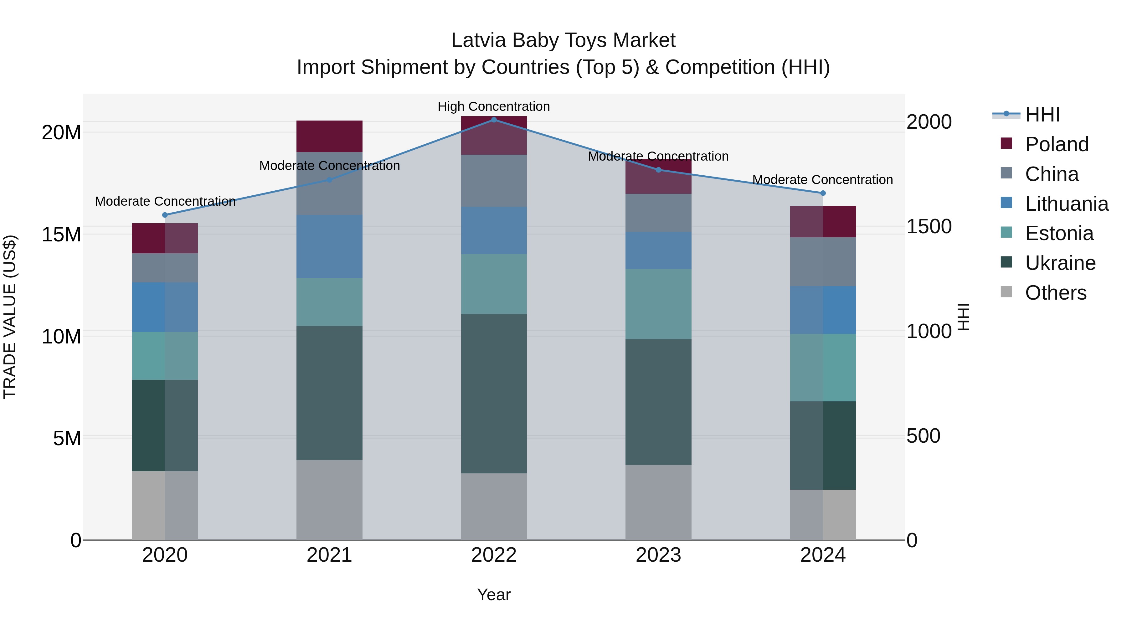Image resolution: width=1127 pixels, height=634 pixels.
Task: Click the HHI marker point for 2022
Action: point(494,120)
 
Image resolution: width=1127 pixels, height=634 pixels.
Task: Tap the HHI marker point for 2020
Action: point(165,215)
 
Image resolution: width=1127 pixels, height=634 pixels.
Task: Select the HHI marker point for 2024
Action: point(823,193)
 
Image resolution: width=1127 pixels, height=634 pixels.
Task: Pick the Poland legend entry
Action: point(1057,144)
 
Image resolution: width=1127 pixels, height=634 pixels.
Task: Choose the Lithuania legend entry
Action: point(1066,204)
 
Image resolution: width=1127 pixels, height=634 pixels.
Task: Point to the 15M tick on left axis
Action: point(61,235)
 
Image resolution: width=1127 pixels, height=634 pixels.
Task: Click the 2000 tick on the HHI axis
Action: point(929,122)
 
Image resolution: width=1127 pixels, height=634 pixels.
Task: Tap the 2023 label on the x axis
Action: point(658,555)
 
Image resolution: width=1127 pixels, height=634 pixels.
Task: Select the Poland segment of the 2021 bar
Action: point(329,136)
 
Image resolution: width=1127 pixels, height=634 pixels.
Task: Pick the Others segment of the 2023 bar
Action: point(658,502)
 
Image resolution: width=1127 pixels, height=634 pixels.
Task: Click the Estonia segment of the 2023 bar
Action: point(658,304)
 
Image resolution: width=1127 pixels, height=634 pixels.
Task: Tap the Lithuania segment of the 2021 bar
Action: point(329,246)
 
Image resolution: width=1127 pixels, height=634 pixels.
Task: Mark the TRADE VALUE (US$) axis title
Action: point(10,317)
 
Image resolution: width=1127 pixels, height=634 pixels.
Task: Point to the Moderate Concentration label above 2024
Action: point(822,179)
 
